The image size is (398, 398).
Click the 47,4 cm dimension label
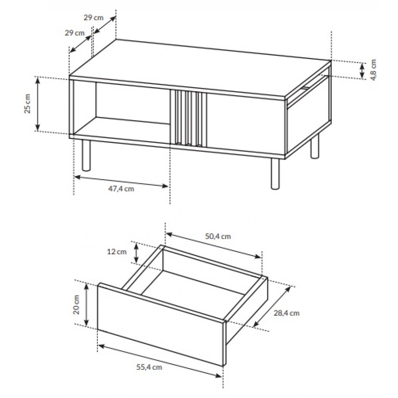pos(121,189)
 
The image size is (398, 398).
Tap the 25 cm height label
pos(28,103)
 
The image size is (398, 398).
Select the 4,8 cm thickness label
pos(373,70)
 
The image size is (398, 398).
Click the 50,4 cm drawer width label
pos(218,236)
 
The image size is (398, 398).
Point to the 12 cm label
pos(117,252)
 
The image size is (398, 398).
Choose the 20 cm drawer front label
pos(76,304)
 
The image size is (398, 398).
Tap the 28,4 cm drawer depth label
pos(286,313)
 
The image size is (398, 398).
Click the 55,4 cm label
pos(149,367)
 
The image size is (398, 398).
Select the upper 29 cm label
pos(94,18)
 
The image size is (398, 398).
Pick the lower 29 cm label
pos(74,33)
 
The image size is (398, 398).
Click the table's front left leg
pos(86,155)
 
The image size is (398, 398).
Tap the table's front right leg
pos(275,174)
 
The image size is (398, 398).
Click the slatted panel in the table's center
pos(188,118)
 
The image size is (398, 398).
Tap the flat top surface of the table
pos(200,68)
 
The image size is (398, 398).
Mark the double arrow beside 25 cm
pos(37,104)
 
